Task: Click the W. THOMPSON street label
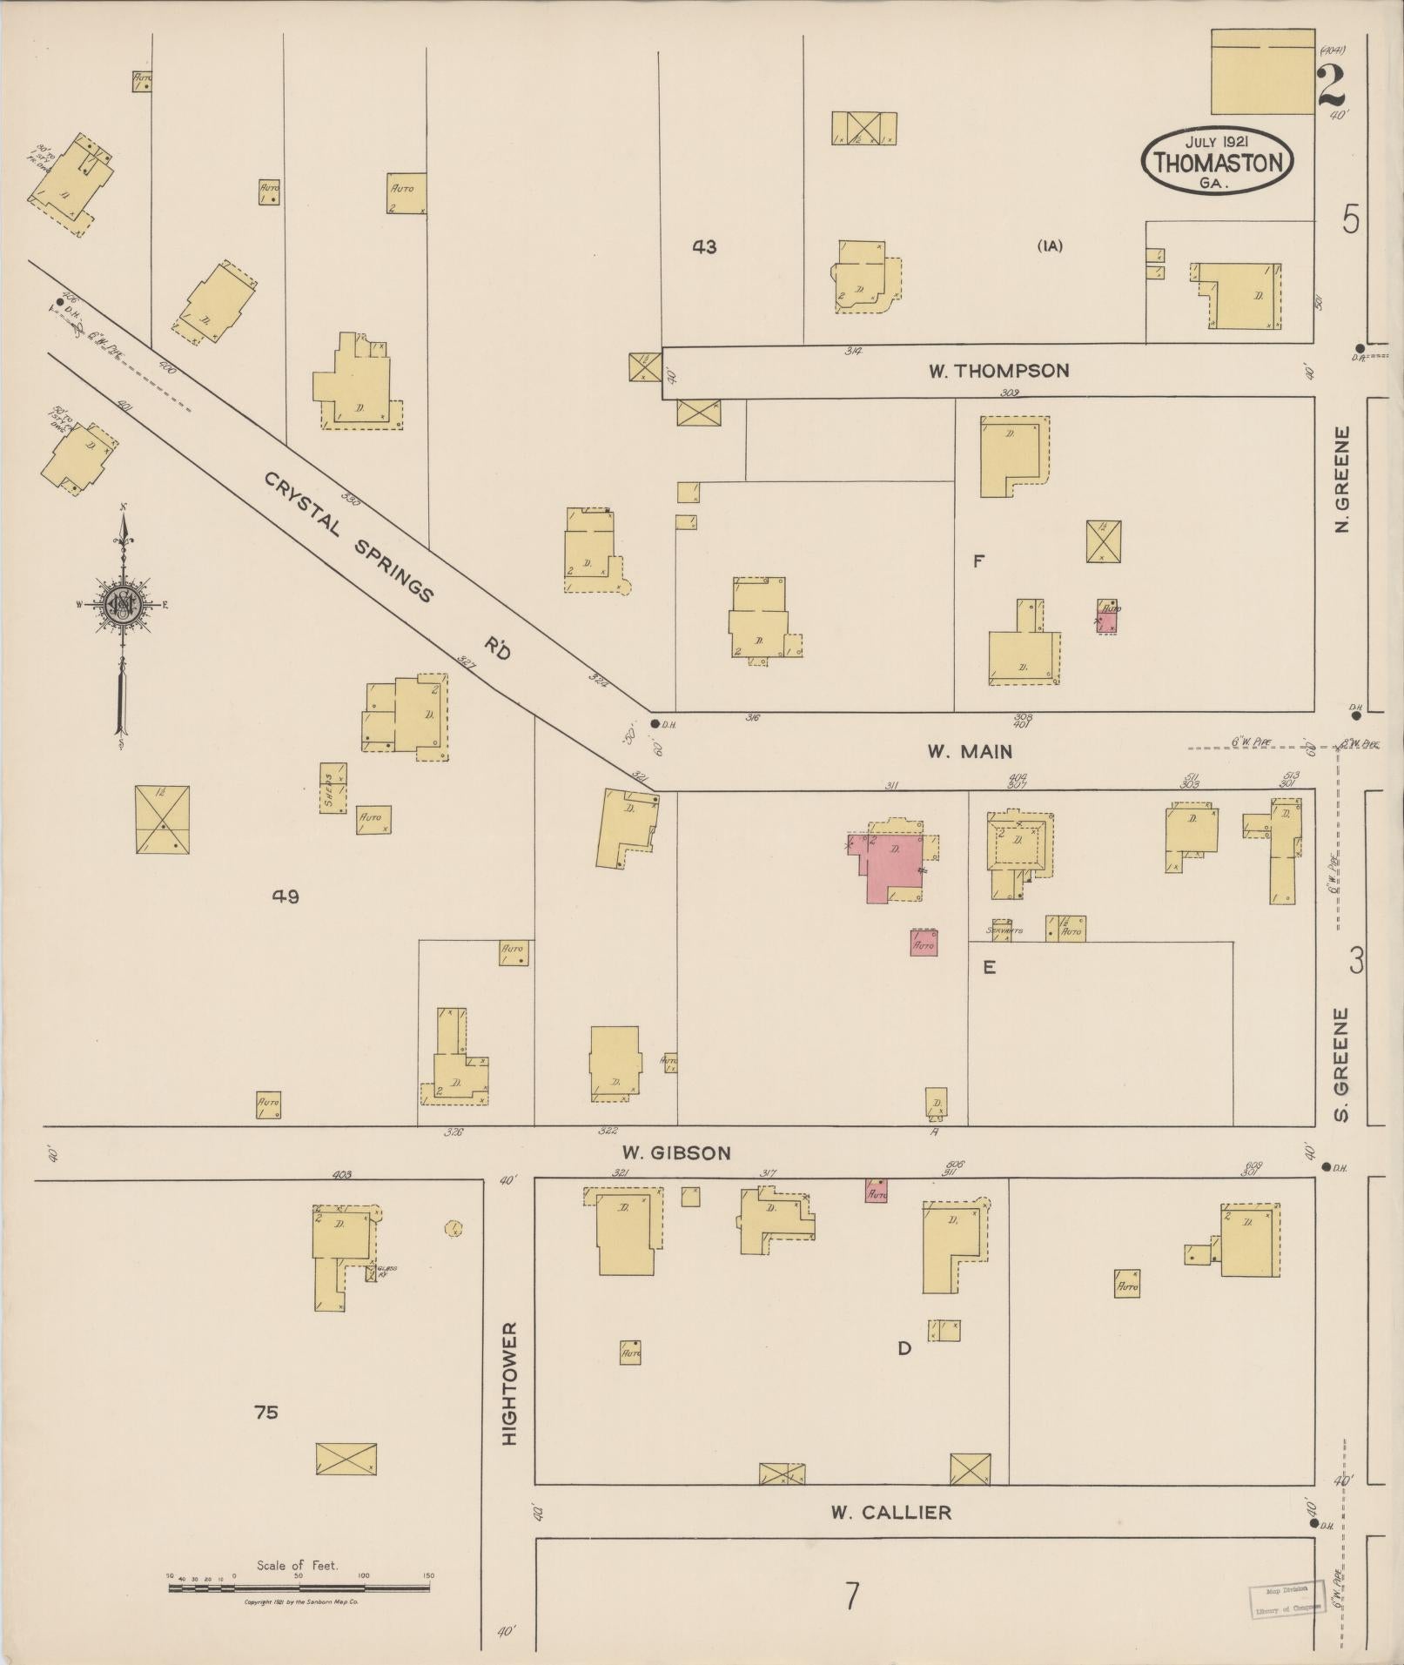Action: [x=998, y=371]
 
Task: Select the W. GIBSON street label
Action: [x=678, y=1152]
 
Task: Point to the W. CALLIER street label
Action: [x=890, y=1513]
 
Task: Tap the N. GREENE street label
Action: [x=1341, y=479]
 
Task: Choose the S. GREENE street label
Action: [x=1341, y=1064]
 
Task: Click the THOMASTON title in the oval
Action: [x=1218, y=163]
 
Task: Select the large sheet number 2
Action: [x=1331, y=84]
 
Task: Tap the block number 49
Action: [x=286, y=896]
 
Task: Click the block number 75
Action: [x=266, y=1412]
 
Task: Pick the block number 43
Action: [x=704, y=247]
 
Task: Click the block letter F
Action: [x=978, y=561]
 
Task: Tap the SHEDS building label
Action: [x=330, y=789]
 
